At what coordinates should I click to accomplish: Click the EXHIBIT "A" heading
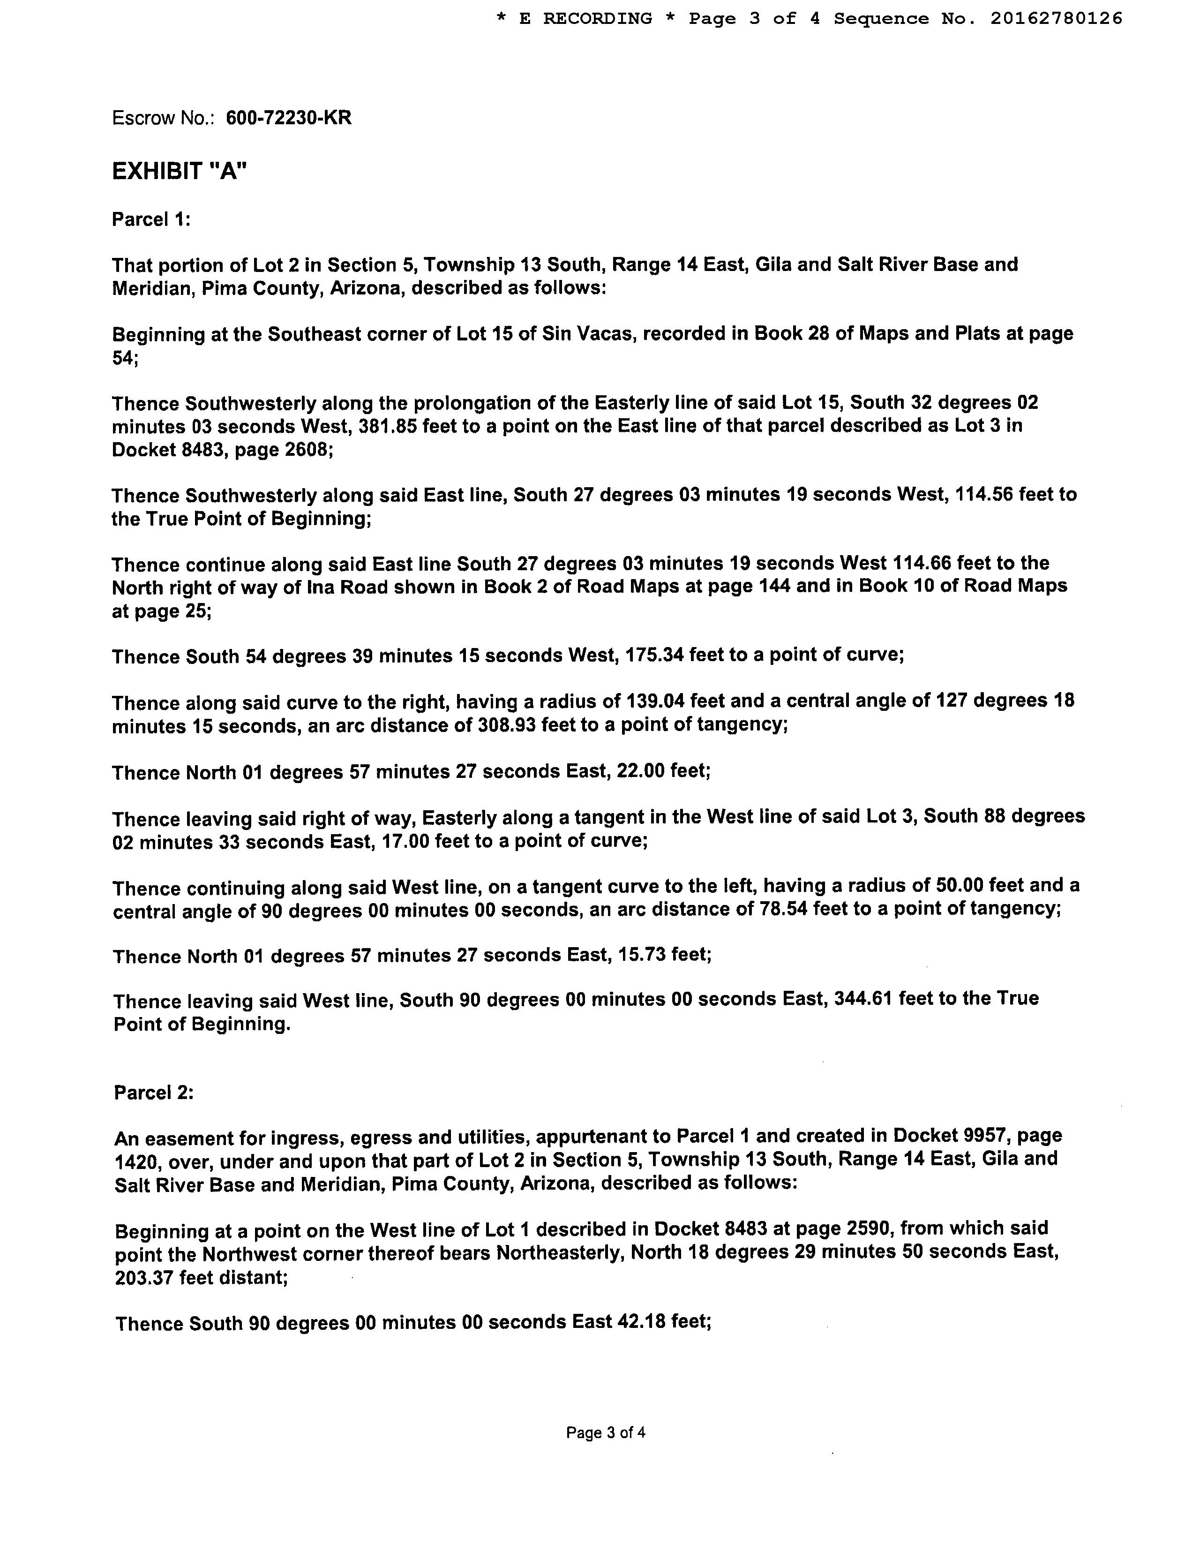point(179,171)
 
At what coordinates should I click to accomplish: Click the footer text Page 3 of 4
point(605,1432)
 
